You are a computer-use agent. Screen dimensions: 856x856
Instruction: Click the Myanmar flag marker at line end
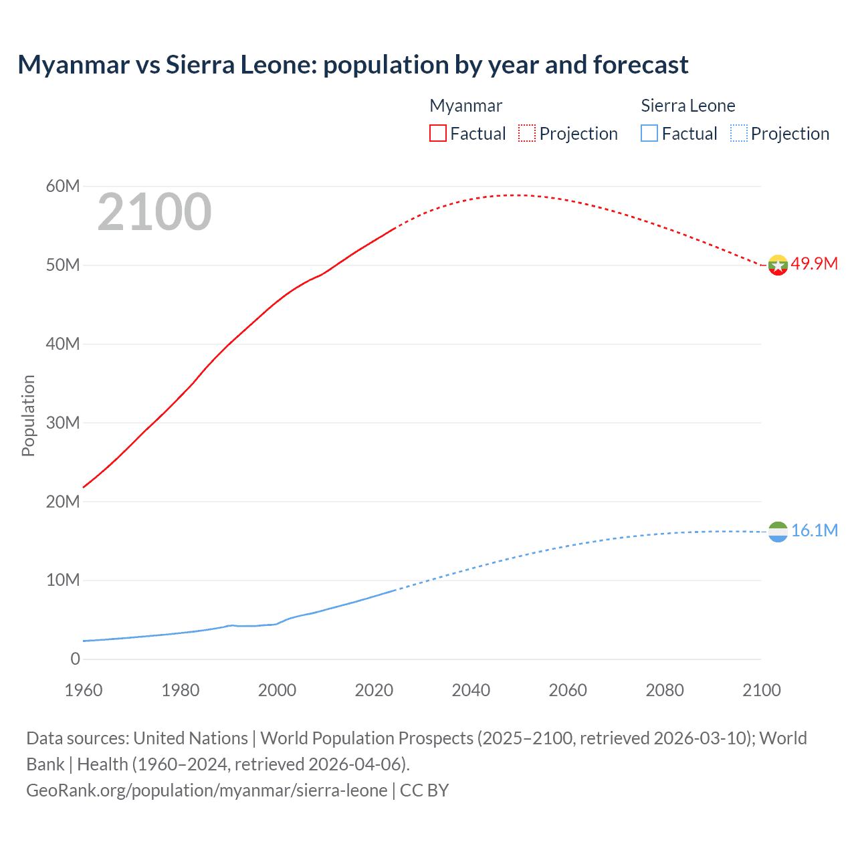pos(777,265)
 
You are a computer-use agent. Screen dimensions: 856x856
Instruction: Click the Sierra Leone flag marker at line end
pos(778,532)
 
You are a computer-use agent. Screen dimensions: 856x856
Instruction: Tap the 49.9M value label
pos(814,263)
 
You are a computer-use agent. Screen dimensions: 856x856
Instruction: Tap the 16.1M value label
pos(814,530)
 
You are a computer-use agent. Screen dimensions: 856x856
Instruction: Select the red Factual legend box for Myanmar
pos(437,134)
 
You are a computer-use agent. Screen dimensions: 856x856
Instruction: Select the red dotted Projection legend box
pos(527,134)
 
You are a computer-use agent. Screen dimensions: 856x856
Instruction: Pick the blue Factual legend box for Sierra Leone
pos(649,134)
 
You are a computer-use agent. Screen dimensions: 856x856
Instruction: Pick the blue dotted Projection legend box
pos(738,134)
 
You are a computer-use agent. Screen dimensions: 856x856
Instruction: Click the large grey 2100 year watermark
pos(154,212)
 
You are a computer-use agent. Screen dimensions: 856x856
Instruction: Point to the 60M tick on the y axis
pos(63,186)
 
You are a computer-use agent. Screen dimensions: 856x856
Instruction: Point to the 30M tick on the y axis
pos(63,423)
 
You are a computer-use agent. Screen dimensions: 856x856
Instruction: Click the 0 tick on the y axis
pos(75,659)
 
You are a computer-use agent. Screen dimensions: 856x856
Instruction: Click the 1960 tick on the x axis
pos(84,690)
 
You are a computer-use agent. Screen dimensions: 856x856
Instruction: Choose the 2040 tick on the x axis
pos(471,690)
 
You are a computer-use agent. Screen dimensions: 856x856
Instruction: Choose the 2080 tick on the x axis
pos(665,690)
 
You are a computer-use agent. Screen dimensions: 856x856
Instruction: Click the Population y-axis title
pos(28,415)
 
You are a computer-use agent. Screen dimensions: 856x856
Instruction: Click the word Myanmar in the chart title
pos(74,65)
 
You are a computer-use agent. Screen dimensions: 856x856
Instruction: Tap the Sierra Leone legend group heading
pos(687,106)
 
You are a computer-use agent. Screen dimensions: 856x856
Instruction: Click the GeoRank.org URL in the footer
pos(207,790)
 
